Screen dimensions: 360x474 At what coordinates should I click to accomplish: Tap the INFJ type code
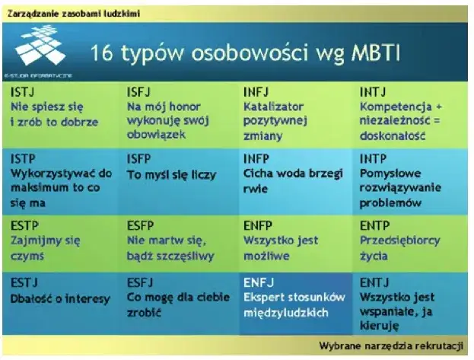[256, 91]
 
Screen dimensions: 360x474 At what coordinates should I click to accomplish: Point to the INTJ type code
[373, 91]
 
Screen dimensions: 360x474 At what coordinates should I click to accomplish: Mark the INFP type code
[256, 159]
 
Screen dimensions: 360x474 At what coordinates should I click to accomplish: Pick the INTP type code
[373, 159]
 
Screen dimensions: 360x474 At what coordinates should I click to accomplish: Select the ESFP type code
[141, 226]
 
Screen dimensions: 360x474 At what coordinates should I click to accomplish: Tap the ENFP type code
[257, 226]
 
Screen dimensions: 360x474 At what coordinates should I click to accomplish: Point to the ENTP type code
[374, 226]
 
